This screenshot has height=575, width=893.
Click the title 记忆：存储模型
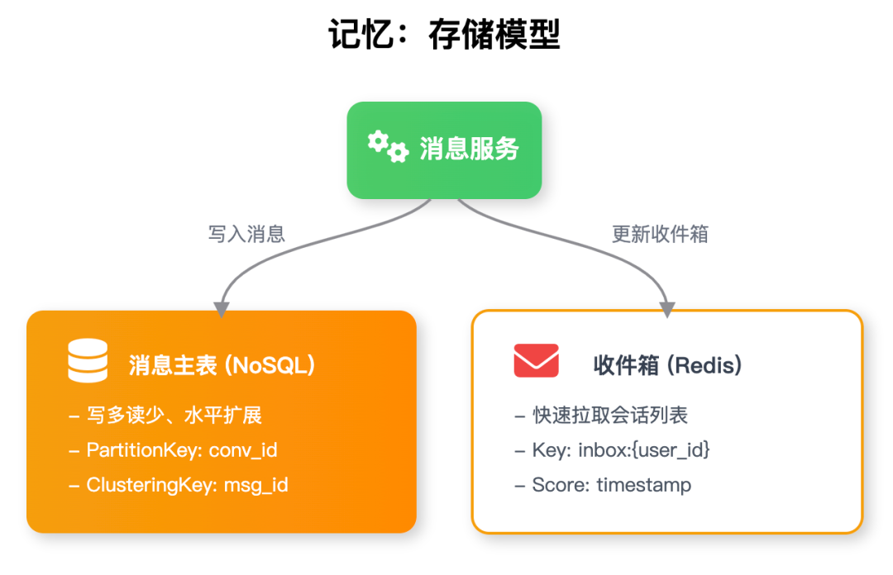445,36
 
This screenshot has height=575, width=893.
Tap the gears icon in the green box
388,146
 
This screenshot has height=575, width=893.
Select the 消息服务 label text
469,149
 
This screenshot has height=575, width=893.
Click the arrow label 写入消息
246,234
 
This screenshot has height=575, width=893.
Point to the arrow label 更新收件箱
660,234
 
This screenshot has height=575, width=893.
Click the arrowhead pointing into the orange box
221,309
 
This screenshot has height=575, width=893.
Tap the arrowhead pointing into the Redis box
667,309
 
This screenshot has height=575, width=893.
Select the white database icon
88,361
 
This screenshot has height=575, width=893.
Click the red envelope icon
536,361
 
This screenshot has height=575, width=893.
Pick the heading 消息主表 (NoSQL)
222,365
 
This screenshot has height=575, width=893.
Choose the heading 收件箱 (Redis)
667,365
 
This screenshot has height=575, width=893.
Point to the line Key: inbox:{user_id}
612,450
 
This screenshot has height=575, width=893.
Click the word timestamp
643,485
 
